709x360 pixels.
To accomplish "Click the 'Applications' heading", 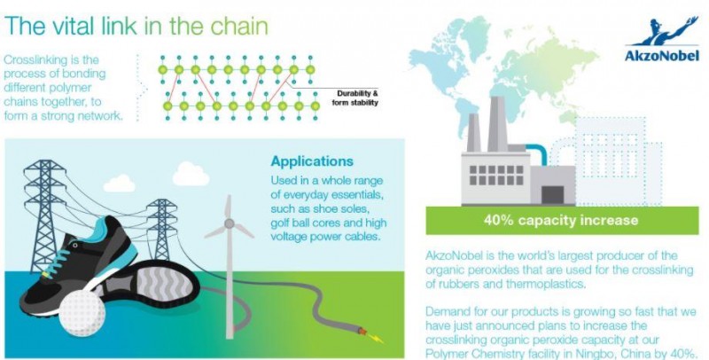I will [x=311, y=161].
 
